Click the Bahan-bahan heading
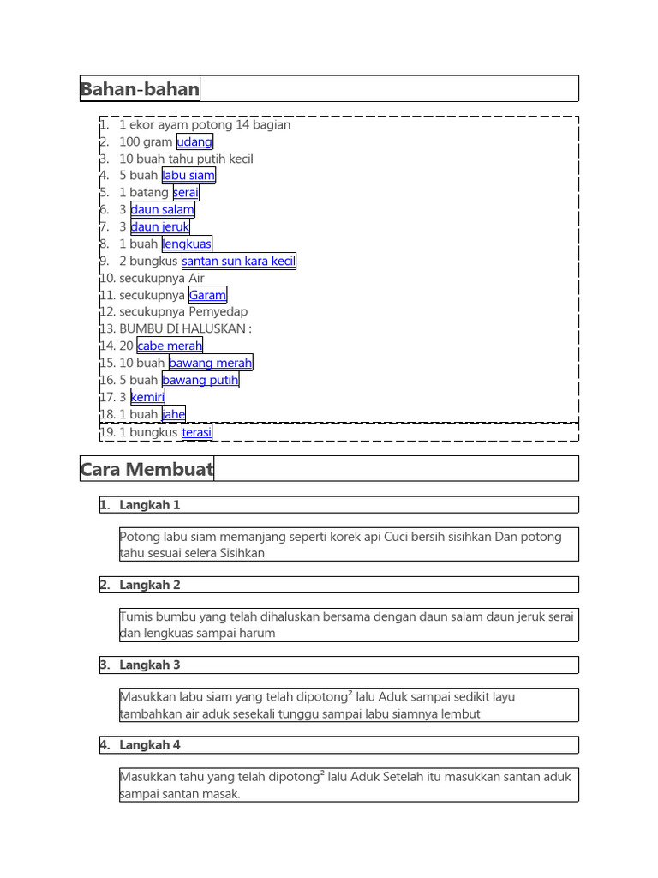tap(140, 89)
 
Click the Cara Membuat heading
tap(147, 469)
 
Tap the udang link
tap(194, 142)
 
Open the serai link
tap(185, 193)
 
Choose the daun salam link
tap(163, 210)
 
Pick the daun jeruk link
tap(159, 227)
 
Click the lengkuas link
tap(187, 244)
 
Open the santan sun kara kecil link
tap(238, 261)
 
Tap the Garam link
tap(207, 295)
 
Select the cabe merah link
tap(170, 346)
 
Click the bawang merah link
tap(210, 363)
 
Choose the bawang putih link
tap(200, 380)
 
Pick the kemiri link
tap(147, 397)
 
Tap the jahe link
tap(173, 414)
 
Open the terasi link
tap(197, 433)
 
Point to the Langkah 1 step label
tap(150, 505)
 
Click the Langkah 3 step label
tap(150, 665)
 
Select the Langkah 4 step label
tap(150, 745)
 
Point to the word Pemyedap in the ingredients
tap(218, 312)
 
